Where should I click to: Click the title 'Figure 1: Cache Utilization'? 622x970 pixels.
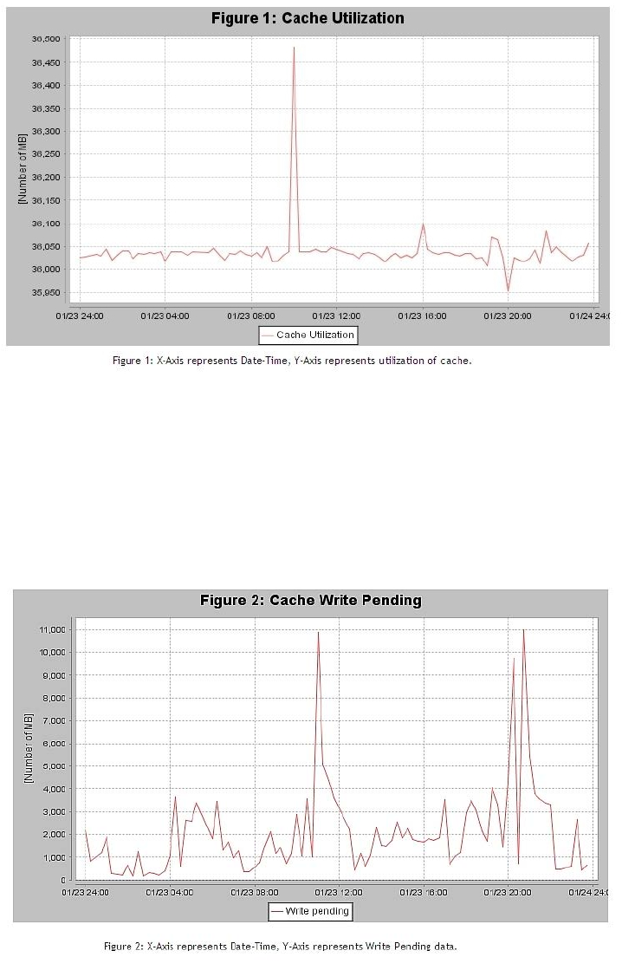308,17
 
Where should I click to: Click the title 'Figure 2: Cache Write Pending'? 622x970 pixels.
311,600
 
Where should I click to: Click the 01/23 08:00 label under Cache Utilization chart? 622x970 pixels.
250,316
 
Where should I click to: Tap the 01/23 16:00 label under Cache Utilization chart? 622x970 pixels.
422,316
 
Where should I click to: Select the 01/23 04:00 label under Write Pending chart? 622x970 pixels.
170,891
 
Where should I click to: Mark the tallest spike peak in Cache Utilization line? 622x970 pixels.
294,47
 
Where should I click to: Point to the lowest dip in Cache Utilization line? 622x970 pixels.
509,290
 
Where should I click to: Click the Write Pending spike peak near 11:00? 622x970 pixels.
318,632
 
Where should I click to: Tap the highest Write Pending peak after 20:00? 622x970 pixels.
523,629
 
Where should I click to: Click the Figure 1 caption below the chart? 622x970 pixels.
292,360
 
